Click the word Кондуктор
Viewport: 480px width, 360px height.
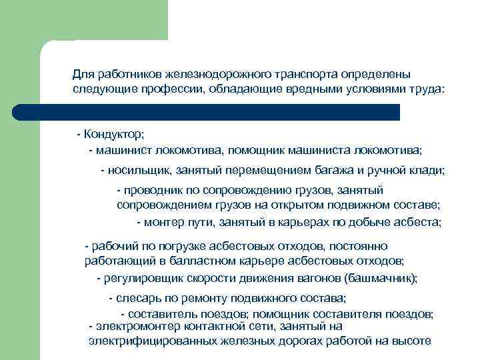[114, 135]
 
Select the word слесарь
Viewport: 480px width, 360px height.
[137, 298]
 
